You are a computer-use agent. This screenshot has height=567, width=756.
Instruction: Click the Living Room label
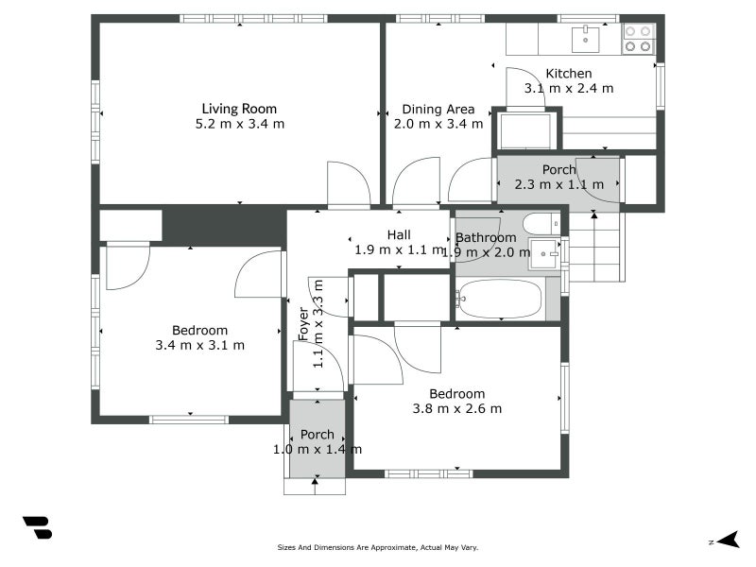tap(239, 108)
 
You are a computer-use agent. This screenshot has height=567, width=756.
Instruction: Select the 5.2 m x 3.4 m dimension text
tap(239, 124)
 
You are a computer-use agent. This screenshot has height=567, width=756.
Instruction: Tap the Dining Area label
tap(438, 109)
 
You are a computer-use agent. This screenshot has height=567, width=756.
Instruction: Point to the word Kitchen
tap(569, 74)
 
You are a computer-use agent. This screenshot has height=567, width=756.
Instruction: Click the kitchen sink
tap(587, 38)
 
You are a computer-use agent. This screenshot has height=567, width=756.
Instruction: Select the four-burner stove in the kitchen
tap(638, 38)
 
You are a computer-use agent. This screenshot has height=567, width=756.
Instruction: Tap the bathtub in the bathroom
tap(500, 300)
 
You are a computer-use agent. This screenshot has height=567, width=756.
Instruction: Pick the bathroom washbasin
tap(544, 253)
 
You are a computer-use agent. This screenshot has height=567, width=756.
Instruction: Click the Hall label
tap(398, 234)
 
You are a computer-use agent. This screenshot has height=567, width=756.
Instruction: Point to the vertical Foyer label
tap(303, 324)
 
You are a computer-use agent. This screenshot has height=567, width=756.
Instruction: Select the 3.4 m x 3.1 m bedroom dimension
tap(199, 345)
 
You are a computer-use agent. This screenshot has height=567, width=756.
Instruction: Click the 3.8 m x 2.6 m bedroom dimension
tap(456, 409)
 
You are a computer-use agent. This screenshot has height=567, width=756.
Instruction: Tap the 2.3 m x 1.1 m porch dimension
tap(558, 184)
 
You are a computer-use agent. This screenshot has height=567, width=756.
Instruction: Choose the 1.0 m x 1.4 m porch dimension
tap(317, 450)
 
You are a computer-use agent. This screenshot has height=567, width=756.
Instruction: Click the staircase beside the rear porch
tap(596, 247)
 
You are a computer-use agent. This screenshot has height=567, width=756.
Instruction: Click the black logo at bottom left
tap(37, 528)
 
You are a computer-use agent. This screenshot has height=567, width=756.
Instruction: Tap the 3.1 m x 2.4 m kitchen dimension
tap(569, 89)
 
